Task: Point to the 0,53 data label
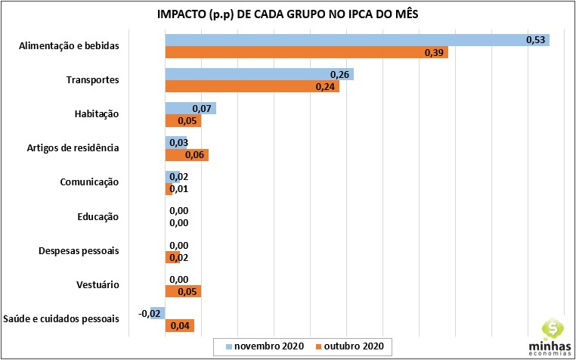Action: (536, 40)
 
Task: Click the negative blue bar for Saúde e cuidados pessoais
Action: (157, 313)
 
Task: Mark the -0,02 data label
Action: (148, 313)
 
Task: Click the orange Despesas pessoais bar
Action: (169, 257)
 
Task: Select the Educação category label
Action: (98, 217)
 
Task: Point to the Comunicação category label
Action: (89, 182)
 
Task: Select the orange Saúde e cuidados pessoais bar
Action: (180, 326)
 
